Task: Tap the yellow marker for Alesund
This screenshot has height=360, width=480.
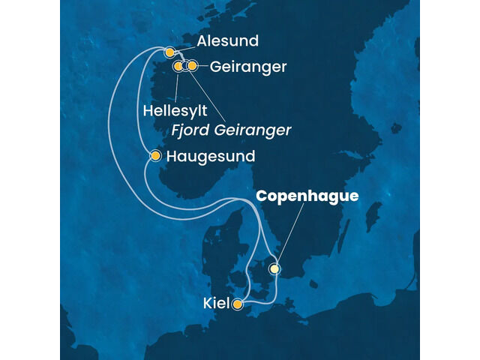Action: (170, 52)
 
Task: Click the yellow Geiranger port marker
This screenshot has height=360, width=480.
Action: (193, 66)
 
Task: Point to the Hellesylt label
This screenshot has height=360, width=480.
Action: (175, 111)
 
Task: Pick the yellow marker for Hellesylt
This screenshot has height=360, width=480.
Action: (178, 67)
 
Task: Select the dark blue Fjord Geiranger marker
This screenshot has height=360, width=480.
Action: (185, 66)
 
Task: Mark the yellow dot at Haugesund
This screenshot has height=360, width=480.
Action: (155, 156)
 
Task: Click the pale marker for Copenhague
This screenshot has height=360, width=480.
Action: (275, 268)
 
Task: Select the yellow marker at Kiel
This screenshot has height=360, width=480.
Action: (238, 304)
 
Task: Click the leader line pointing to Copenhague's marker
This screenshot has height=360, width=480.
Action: (291, 233)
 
